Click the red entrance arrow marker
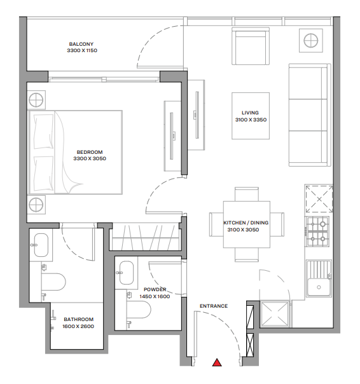tap(217, 362)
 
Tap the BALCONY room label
tap(81, 44)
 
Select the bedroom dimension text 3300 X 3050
tap(90, 158)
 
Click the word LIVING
tap(250, 113)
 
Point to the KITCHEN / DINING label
tap(246, 223)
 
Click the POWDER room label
tap(155, 289)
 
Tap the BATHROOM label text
tap(79, 319)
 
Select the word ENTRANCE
tap(214, 306)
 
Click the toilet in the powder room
tap(139, 310)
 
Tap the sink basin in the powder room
tap(127, 273)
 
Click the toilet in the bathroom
tap(53, 282)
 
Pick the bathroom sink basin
tap(41, 245)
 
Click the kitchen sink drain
tap(319, 287)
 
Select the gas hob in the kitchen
tap(317, 231)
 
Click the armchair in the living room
tap(251, 46)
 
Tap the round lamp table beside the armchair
tap(311, 41)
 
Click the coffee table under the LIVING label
tap(251, 116)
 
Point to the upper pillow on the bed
tap(44, 132)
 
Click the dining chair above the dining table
tap(247, 194)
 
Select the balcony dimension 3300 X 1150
tap(82, 50)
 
